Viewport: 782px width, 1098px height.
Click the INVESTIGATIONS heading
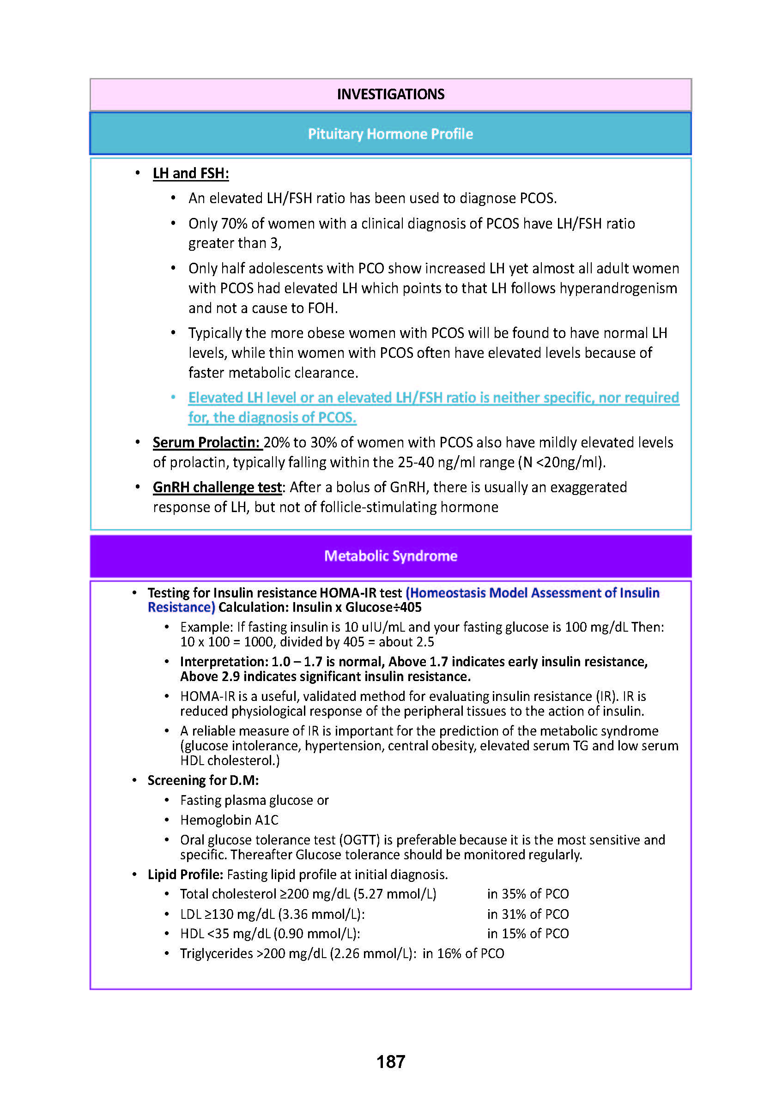[x=390, y=94]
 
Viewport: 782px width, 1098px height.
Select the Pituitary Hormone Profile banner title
[x=390, y=134]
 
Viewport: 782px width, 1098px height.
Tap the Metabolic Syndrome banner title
[x=390, y=556]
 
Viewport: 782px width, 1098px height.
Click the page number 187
[x=390, y=1062]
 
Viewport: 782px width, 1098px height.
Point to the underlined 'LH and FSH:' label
[x=191, y=173]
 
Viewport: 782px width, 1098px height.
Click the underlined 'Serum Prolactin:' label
[x=206, y=442]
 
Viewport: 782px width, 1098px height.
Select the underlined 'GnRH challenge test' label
[x=217, y=487]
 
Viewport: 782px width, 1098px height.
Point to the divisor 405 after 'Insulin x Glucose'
[x=411, y=608]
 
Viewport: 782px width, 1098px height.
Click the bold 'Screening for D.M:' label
[x=203, y=780]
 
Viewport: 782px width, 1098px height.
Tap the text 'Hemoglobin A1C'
[x=229, y=820]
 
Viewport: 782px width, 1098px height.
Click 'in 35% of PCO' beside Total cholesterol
[x=528, y=894]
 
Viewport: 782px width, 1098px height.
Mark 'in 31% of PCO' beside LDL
[x=528, y=914]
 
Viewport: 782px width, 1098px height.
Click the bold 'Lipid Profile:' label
[x=185, y=874]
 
